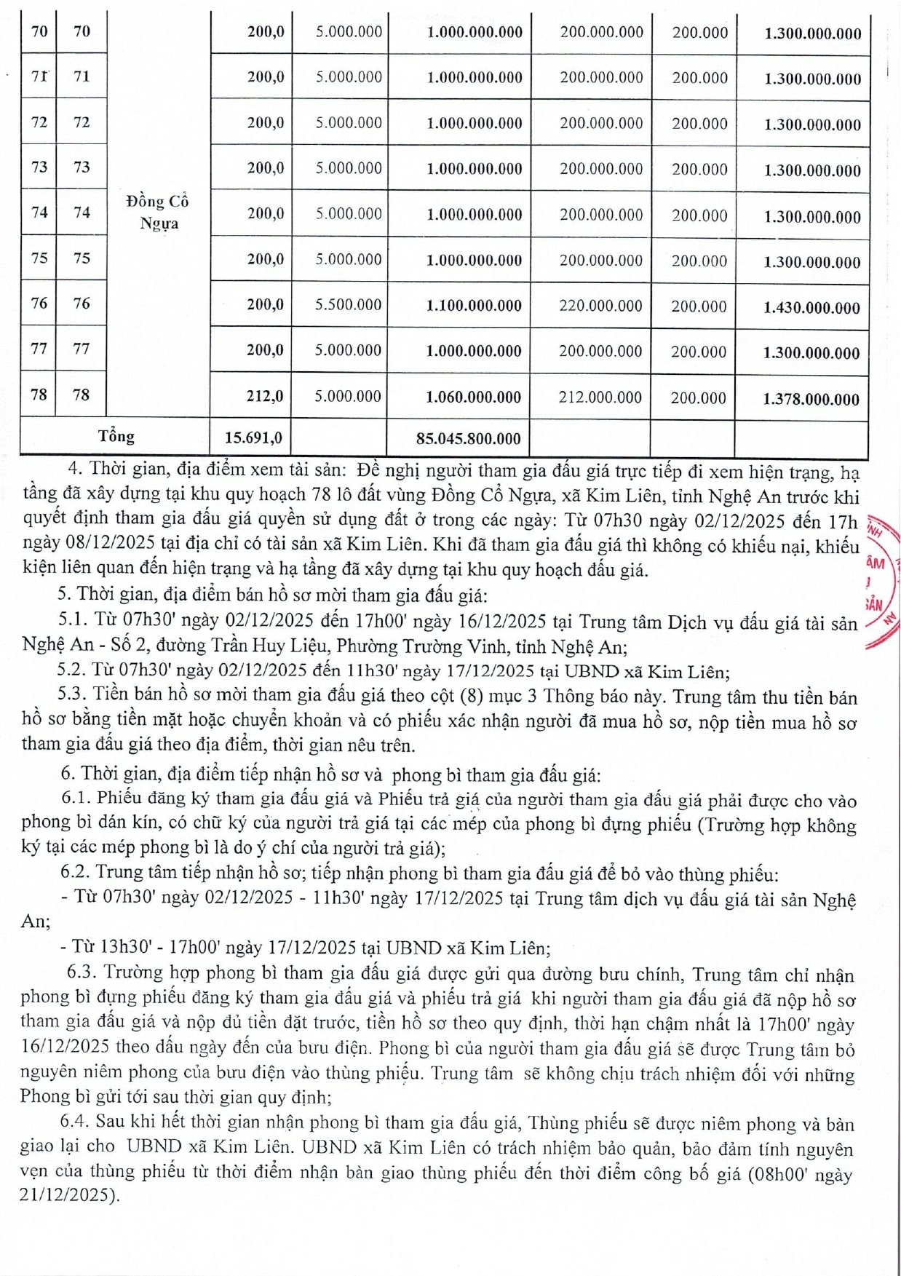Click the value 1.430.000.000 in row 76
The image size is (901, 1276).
[x=811, y=308]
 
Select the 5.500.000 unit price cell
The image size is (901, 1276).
[x=348, y=305]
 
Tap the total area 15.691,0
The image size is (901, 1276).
[x=253, y=438]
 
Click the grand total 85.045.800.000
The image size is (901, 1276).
[x=468, y=439]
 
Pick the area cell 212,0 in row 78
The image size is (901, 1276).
[x=265, y=397]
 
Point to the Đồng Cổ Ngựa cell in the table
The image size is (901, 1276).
[x=158, y=212]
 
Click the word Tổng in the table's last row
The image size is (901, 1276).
[x=116, y=437]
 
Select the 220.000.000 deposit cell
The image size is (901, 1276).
[x=600, y=306]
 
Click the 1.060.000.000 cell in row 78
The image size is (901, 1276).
[x=473, y=397]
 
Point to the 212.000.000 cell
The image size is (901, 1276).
[x=600, y=397]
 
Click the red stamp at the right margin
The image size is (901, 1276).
[x=881, y=582]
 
